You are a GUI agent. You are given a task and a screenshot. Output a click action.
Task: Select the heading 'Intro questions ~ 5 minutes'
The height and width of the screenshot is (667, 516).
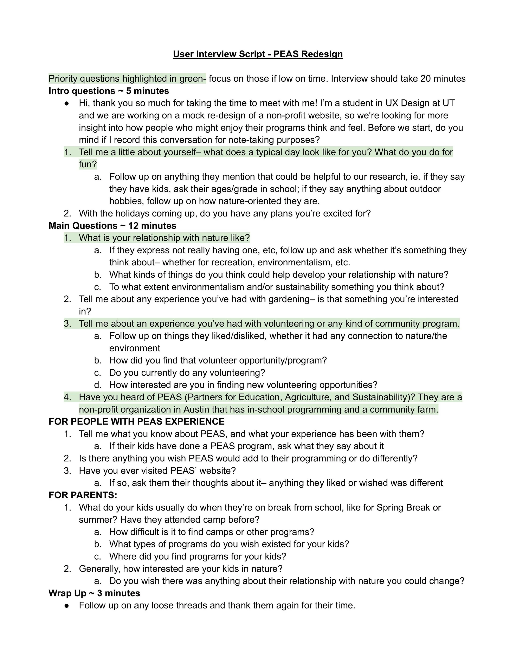click(109, 91)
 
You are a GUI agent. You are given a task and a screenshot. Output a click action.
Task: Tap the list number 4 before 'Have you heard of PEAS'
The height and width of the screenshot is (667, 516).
click(67, 397)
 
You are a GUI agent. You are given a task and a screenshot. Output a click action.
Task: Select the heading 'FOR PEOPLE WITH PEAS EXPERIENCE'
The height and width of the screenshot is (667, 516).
click(136, 422)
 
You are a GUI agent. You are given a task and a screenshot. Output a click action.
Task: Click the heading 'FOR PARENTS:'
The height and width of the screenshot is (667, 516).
click(83, 495)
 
